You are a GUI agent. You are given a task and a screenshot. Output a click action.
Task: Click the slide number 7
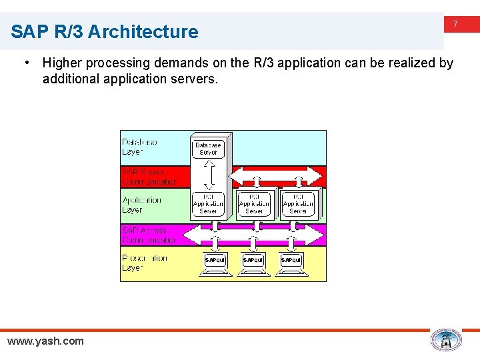pos(455,24)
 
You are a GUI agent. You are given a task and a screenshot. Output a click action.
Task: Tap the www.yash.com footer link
pos(45,341)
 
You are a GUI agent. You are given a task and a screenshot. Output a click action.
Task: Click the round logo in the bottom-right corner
pos(445,340)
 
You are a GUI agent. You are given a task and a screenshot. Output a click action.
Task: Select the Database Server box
pos(208,148)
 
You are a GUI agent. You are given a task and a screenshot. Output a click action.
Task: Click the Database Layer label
pos(140,147)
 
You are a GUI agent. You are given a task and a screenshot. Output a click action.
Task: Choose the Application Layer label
pos(141,205)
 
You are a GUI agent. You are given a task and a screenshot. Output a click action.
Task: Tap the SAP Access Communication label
pos(148,235)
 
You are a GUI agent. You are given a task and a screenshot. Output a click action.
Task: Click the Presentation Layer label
pos(144,263)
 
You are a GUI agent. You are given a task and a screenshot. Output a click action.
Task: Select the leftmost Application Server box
pos(209,203)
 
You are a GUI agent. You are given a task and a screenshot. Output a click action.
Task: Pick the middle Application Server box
pos(254,203)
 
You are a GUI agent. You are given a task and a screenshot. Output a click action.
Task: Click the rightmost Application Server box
pos(298,203)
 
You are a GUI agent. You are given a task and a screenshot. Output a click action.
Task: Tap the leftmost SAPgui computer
pos(215,261)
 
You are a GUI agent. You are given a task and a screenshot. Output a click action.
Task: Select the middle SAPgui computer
pos(253,261)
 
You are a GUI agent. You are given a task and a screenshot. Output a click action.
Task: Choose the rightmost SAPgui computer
pos(291,261)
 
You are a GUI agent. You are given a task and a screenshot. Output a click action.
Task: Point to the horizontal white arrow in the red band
pos(275,177)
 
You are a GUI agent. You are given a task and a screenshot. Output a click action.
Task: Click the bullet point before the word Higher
pos(26,63)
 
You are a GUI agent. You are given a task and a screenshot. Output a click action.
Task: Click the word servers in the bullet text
pos(193,79)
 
